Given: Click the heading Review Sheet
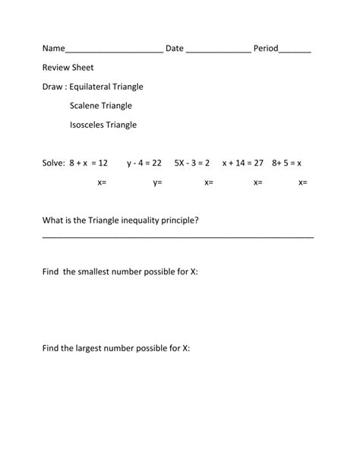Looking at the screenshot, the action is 68,68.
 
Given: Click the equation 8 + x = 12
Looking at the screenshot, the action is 88,163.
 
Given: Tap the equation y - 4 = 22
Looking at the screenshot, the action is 144,163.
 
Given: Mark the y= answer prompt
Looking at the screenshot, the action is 158,182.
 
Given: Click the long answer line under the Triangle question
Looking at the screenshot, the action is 178,237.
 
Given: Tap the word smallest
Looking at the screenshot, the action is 96,271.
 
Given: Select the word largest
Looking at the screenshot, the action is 94,348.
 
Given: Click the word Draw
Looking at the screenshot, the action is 53,87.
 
